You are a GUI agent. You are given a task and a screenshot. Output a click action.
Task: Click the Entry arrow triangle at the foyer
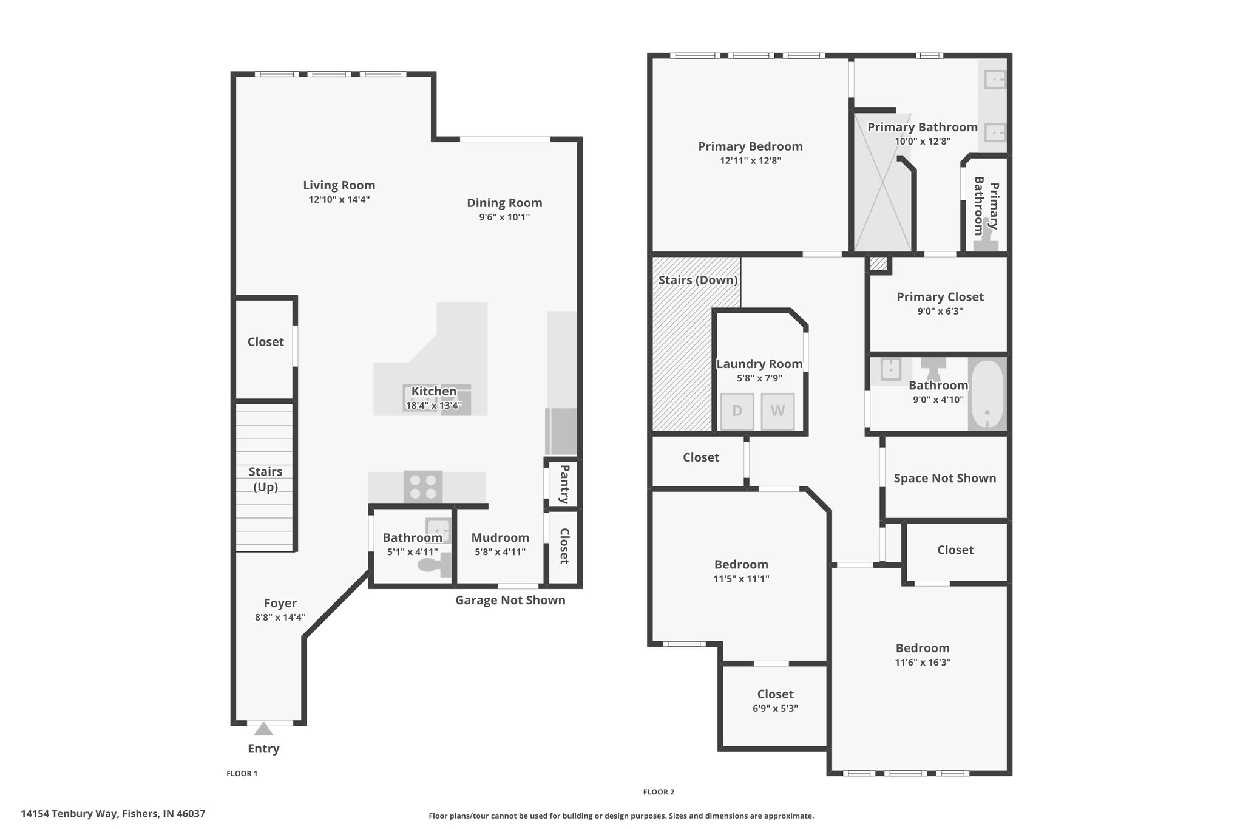point(263,729)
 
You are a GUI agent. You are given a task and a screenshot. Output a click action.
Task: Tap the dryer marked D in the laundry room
point(737,411)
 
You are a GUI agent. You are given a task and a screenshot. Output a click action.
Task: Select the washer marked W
point(777,411)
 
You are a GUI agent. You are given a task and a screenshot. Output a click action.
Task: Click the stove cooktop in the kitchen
point(423,487)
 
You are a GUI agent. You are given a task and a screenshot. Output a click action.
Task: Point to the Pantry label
point(564,484)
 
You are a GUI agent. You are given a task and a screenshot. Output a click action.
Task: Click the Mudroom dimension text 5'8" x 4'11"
point(500,552)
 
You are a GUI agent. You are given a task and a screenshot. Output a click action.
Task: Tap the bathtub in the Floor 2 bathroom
point(987,395)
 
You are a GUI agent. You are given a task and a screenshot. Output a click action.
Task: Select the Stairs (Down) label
point(698,280)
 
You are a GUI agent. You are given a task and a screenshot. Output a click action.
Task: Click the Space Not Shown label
point(945,478)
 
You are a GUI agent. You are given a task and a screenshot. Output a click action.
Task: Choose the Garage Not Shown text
point(510,600)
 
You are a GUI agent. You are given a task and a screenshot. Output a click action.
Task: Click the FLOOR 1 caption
point(242,774)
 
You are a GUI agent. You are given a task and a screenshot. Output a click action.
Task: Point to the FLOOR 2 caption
point(659,792)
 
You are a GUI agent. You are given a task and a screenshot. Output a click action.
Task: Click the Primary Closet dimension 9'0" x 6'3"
point(940,312)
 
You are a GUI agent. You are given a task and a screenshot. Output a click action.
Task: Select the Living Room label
point(339,185)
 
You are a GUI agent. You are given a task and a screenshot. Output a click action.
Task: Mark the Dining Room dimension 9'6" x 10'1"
point(504,217)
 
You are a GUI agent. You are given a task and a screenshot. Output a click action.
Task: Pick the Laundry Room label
point(759,364)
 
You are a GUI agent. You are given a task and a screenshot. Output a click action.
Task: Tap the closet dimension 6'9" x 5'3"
point(775,708)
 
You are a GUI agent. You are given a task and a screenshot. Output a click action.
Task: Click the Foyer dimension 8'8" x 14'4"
point(280,618)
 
